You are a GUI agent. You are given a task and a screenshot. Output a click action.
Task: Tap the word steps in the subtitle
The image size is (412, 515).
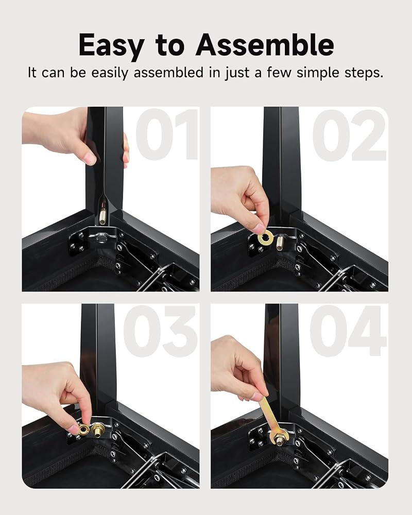pos(364,73)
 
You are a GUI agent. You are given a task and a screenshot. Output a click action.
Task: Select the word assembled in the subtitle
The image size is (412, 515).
pos(168,72)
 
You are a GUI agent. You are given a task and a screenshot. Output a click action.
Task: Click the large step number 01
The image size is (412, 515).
pos(167,134)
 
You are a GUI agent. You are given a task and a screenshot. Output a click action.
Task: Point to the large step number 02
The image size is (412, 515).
pos(349,135)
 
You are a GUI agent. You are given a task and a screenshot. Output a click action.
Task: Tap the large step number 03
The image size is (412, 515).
pos(160,331)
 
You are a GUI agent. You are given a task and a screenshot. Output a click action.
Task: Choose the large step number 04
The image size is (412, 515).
pos(348,331)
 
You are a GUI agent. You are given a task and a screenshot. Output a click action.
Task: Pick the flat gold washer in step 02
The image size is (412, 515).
pos(265,237)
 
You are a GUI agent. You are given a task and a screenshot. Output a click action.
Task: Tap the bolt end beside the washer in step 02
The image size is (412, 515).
pos(280,243)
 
